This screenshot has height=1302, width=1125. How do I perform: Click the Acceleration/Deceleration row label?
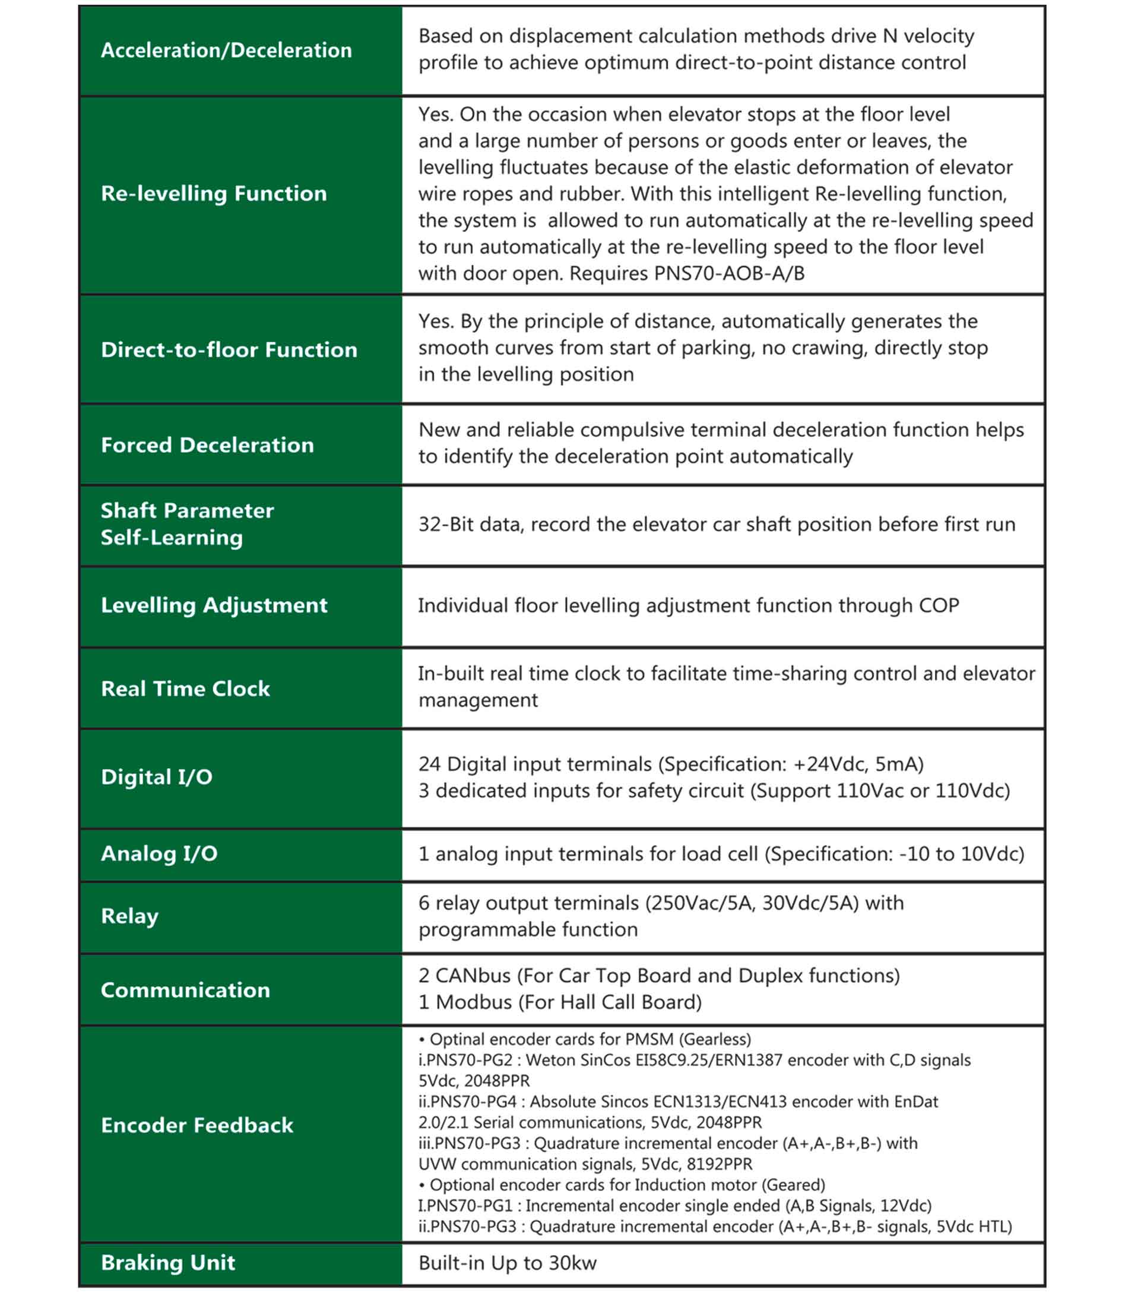(226, 50)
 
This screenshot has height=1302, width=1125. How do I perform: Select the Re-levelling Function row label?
(214, 193)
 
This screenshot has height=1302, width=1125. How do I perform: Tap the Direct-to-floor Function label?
(229, 350)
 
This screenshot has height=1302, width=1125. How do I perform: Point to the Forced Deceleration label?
(207, 446)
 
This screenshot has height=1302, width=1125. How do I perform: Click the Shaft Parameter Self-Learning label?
(187, 524)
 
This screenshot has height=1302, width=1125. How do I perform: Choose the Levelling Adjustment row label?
(214, 605)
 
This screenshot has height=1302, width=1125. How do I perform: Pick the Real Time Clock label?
(185, 689)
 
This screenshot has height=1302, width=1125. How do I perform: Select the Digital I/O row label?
(157, 777)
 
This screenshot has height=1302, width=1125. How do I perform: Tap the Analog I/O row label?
(159, 853)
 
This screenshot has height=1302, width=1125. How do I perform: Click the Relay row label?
(129, 916)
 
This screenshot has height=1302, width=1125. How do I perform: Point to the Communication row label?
(185, 990)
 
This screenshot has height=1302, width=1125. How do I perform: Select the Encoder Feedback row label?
(197, 1125)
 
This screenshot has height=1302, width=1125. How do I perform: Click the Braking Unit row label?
(168, 1262)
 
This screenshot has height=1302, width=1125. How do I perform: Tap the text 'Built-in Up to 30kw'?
(507, 1263)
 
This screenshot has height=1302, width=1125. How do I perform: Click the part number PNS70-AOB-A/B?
(729, 274)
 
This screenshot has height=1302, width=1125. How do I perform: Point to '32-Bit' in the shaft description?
(446, 524)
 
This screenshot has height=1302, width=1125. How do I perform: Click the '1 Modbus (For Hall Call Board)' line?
(560, 1002)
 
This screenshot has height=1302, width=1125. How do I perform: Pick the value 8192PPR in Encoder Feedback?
(719, 1164)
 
